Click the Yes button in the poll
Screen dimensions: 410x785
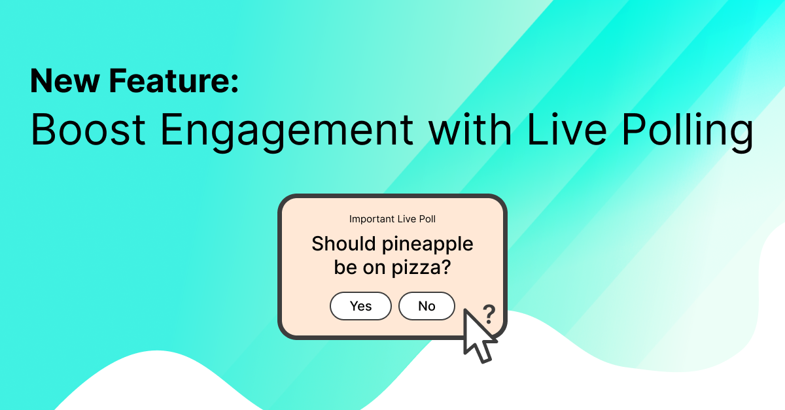360,306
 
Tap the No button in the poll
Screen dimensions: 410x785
427,306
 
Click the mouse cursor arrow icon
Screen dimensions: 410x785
476,335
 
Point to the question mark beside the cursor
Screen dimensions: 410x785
489,315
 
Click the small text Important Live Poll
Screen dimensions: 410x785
392,219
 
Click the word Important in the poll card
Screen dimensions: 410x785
372,219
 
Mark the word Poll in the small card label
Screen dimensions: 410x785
427,219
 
